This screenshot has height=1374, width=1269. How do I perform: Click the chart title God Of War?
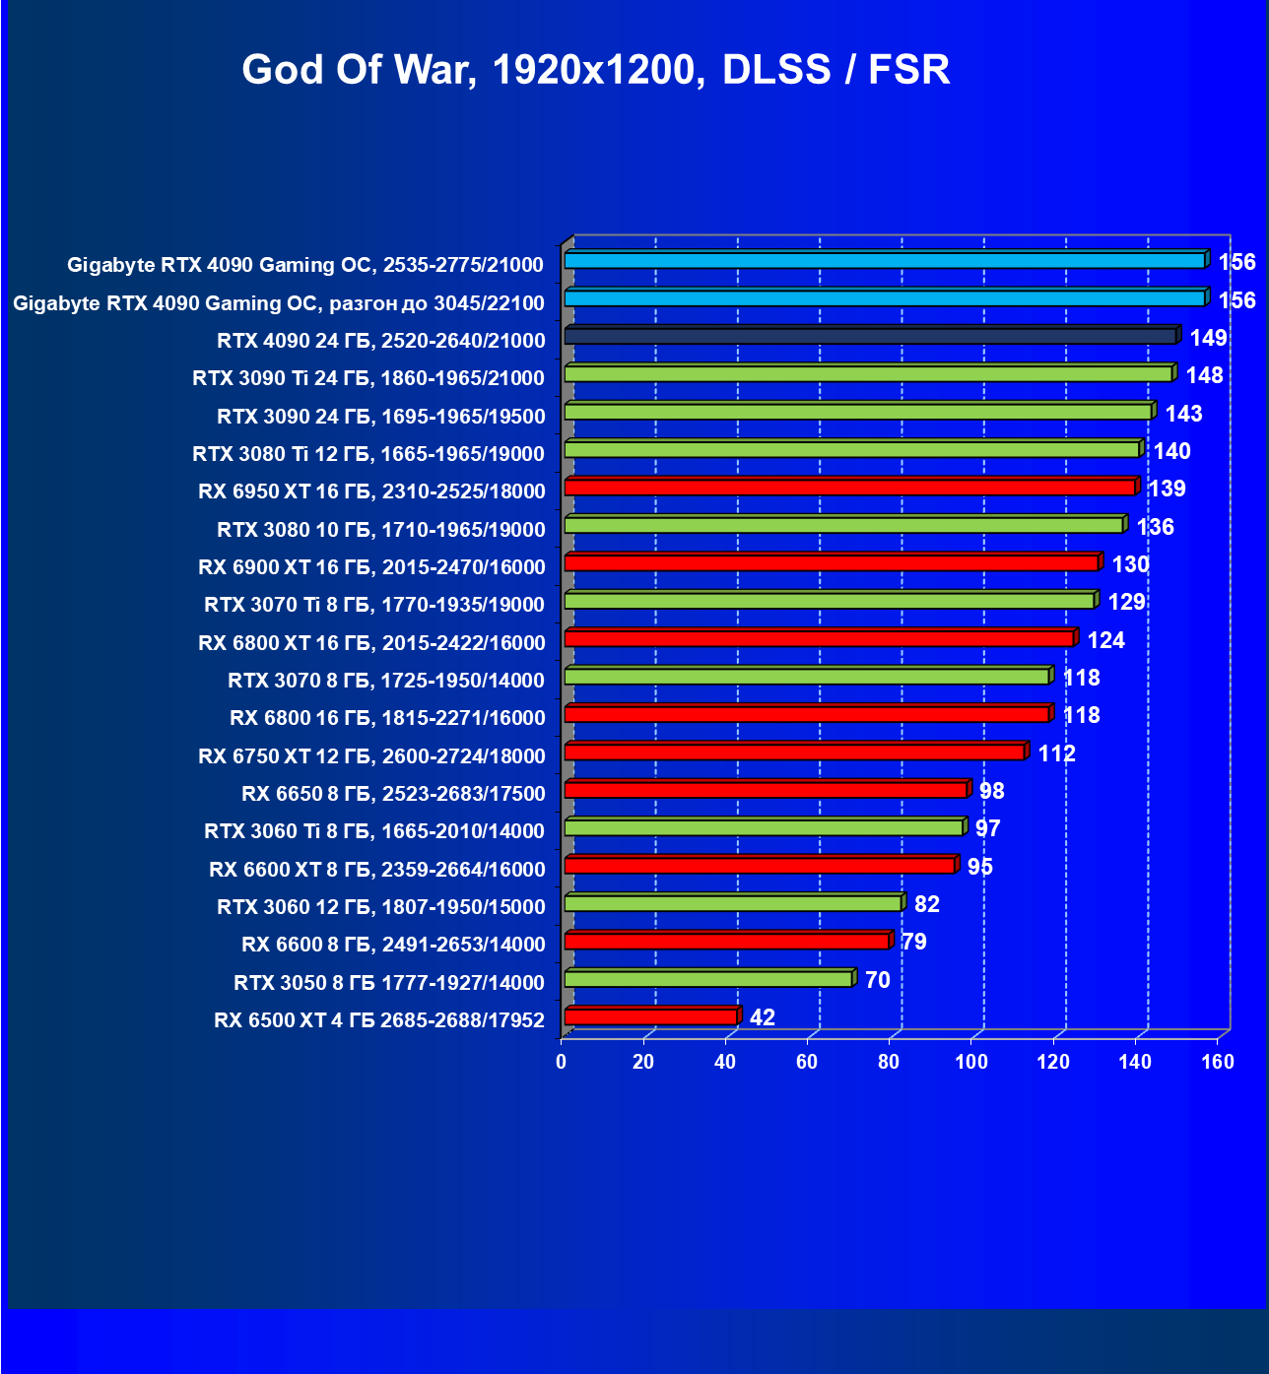point(595,70)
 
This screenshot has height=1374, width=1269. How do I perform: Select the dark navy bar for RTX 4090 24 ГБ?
point(870,337)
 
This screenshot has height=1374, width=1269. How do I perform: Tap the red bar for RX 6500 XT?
point(651,1017)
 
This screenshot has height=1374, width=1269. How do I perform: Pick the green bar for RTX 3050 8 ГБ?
point(708,979)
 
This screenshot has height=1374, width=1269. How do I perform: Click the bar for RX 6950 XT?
point(850,488)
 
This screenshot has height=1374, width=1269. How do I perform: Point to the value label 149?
point(1208,338)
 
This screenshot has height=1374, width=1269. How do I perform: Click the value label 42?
point(762,1017)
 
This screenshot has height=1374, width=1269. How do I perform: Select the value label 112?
point(1056,753)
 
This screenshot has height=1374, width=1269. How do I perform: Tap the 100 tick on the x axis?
point(971,1062)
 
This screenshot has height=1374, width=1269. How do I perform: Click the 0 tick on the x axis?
point(562,1062)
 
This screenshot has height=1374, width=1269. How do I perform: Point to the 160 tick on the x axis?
point(1218,1062)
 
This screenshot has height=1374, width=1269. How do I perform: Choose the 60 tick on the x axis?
point(807,1062)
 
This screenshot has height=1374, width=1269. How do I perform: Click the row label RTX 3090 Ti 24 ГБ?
point(368,378)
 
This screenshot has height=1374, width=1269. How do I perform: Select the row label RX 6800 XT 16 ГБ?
point(371,643)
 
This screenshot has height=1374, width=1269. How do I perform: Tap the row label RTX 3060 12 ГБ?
point(380,907)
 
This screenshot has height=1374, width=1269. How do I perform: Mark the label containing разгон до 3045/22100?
point(278,303)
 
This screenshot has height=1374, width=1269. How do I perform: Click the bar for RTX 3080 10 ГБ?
point(844,526)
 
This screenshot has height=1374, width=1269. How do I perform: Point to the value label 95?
point(979,867)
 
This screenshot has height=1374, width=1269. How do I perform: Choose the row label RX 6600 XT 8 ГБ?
point(376,870)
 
